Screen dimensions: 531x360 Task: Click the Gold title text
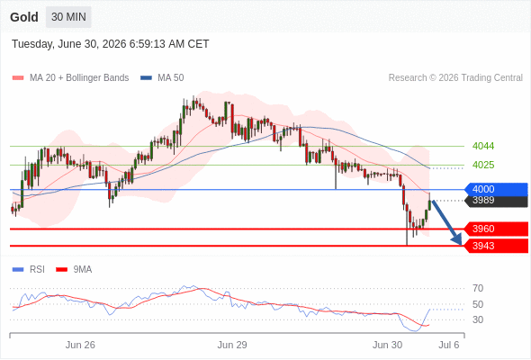24,17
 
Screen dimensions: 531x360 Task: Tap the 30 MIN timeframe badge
68,17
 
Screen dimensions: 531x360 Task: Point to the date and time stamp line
111,44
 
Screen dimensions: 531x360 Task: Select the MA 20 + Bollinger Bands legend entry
70,78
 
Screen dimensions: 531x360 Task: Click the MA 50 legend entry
162,78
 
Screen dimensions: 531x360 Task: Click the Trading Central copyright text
455,78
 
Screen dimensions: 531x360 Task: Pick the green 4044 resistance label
483,147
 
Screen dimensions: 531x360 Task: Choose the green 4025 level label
483,165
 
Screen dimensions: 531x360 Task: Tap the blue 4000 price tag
496,189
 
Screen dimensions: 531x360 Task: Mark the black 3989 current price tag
496,201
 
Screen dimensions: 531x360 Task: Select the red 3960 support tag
496,229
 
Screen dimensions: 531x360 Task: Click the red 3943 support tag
496,246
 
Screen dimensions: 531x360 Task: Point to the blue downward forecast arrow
446,223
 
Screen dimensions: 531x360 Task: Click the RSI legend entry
29,270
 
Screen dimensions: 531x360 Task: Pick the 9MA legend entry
74,270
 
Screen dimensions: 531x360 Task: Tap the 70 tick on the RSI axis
478,289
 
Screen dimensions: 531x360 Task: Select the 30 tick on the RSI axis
478,319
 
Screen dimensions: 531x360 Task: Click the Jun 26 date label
80,345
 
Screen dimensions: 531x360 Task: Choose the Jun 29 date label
232,345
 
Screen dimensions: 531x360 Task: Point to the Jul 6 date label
449,345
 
